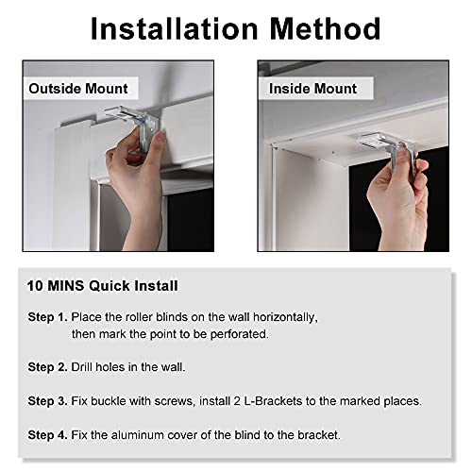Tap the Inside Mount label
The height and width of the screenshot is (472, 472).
[313, 89]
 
